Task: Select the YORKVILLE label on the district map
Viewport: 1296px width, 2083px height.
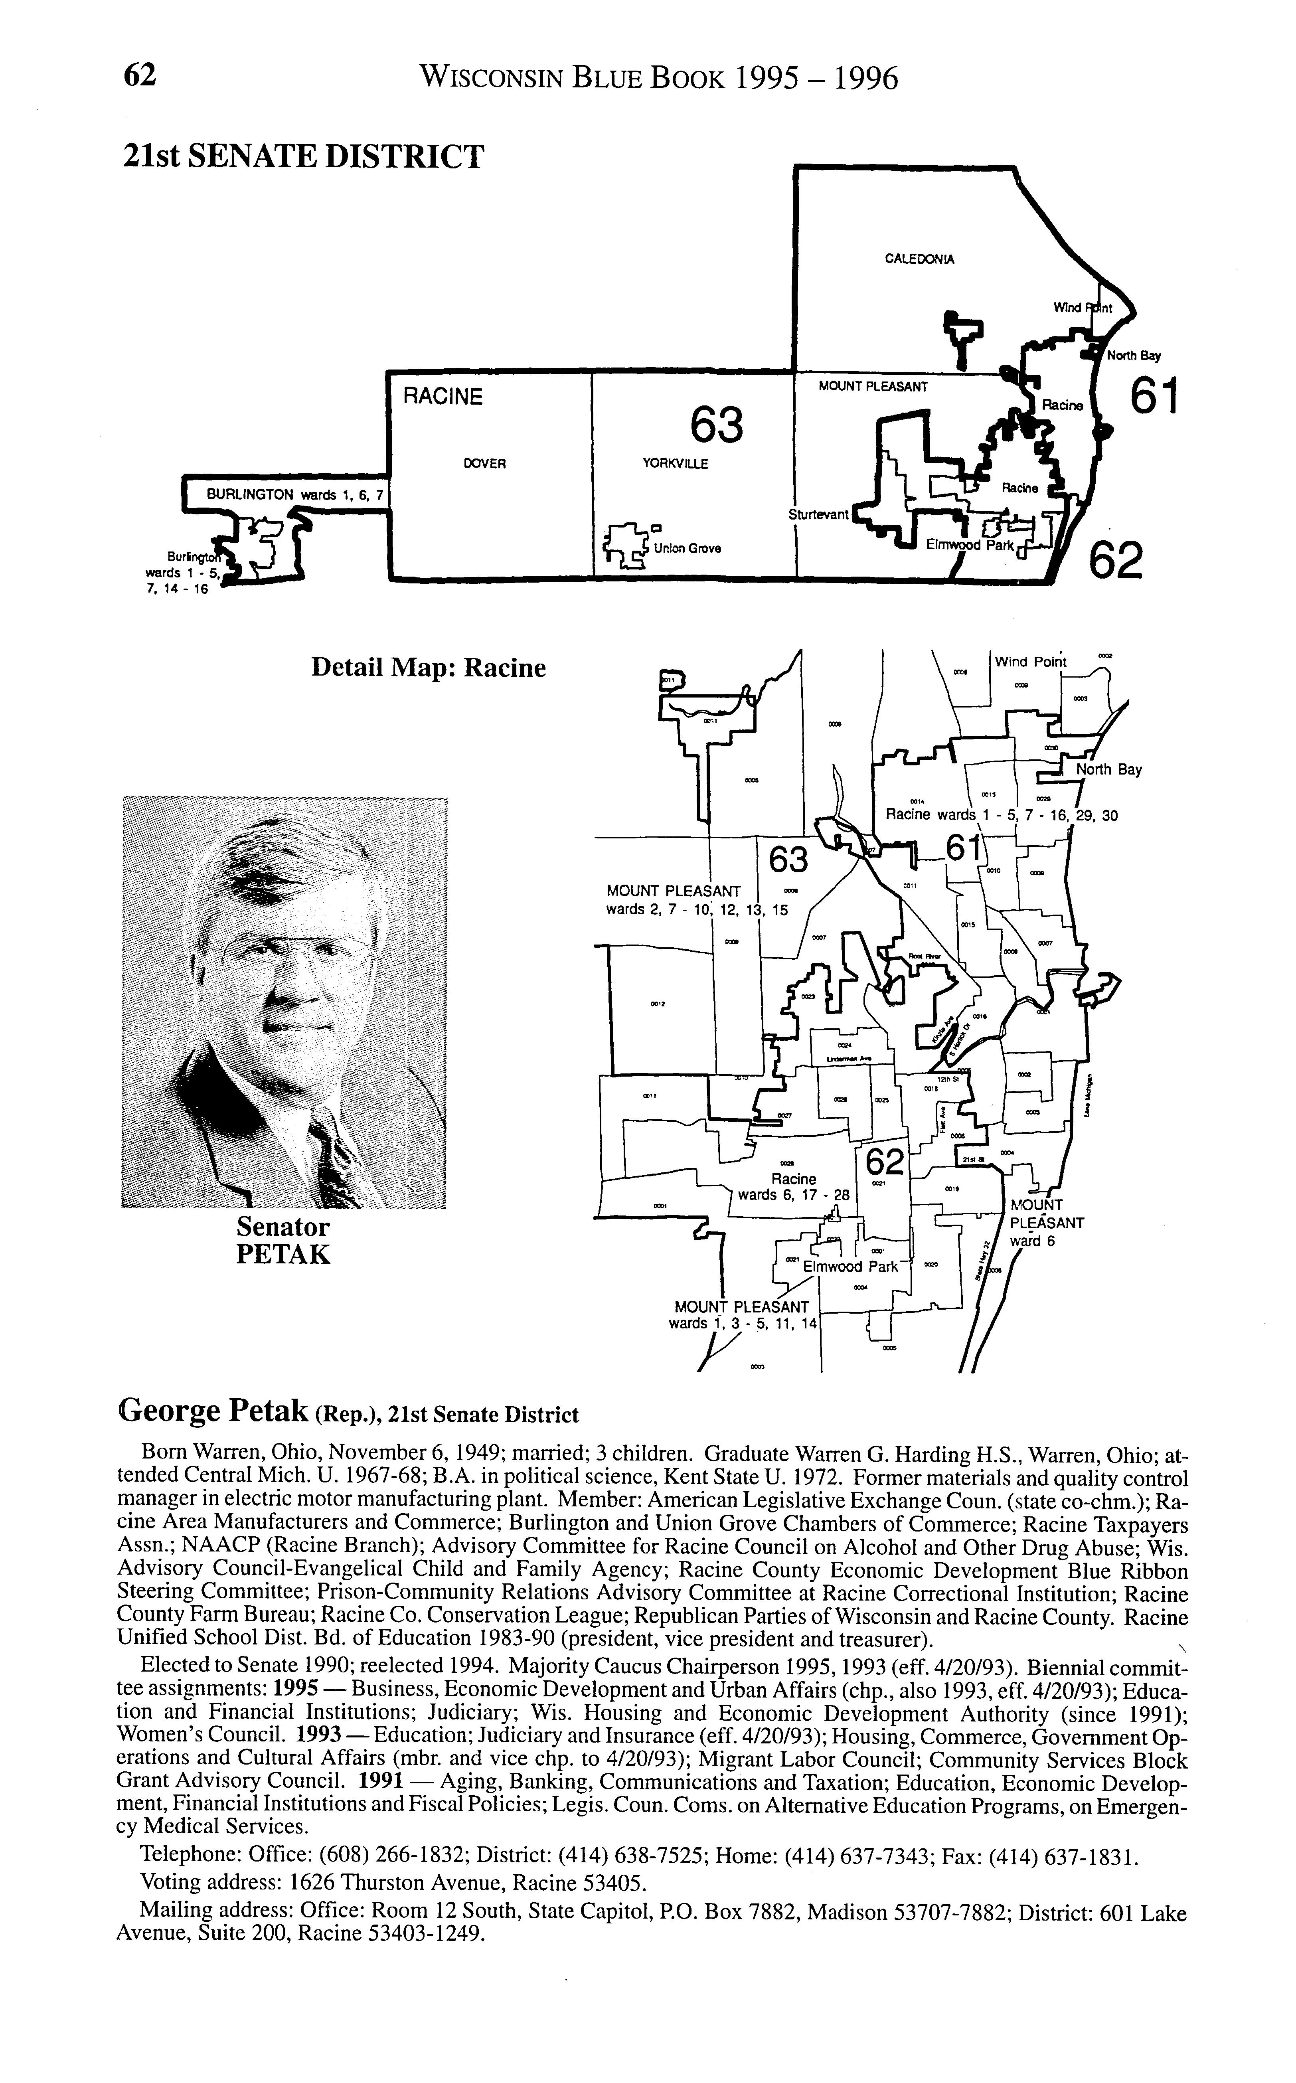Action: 676,464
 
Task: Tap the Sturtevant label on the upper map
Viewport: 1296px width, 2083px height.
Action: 818,514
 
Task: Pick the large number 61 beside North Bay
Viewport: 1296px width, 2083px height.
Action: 1154,397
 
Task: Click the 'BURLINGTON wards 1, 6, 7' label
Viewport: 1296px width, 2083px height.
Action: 296,494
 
